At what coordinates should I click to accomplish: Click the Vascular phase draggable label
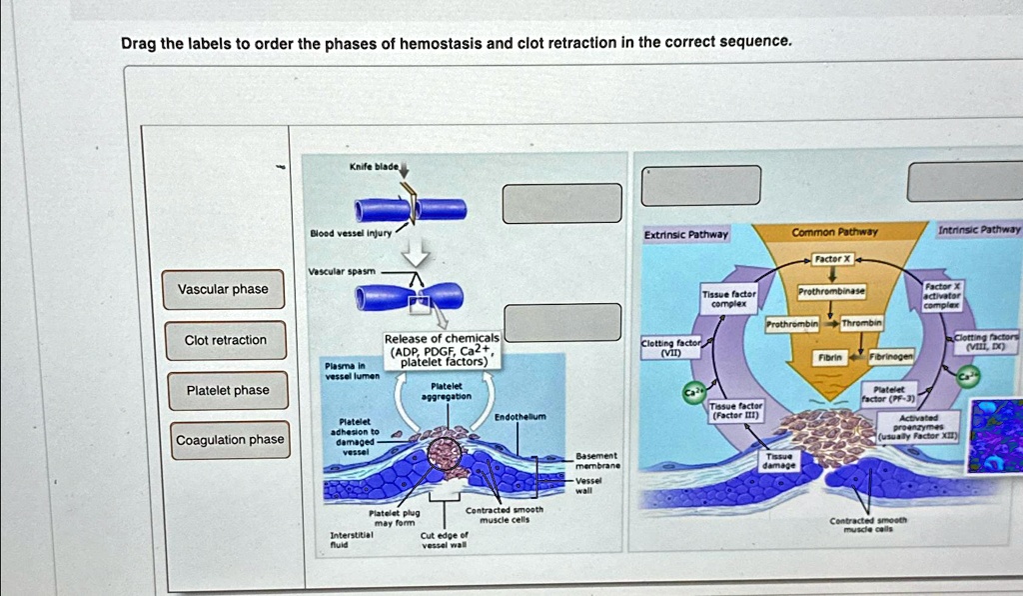pyautogui.click(x=223, y=289)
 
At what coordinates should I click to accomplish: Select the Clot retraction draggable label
pyautogui.click(x=226, y=340)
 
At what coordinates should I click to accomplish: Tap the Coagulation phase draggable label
pyautogui.click(x=230, y=440)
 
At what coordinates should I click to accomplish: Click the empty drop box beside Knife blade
pyautogui.click(x=554, y=203)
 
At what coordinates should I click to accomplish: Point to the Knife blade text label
pyautogui.click(x=374, y=165)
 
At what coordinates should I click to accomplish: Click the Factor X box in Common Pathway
pyautogui.click(x=831, y=258)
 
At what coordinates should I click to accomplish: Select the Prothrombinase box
pyautogui.click(x=830, y=290)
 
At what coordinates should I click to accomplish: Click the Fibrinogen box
pyautogui.click(x=889, y=356)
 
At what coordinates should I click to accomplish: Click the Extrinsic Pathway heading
pyautogui.click(x=686, y=235)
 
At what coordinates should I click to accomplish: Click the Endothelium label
pyautogui.click(x=519, y=416)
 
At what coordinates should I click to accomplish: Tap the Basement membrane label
pyautogui.click(x=598, y=460)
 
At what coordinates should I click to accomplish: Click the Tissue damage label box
pyautogui.click(x=778, y=460)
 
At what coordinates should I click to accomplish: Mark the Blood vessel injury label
pyautogui.click(x=349, y=233)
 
